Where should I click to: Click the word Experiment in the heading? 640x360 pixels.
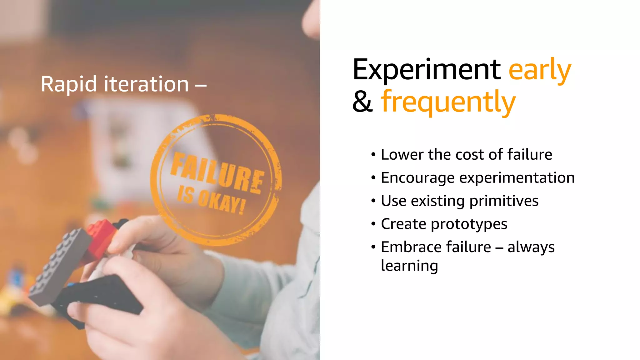[x=427, y=70]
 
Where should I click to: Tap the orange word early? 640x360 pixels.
[x=540, y=70]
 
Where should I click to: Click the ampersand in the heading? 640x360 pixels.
[x=362, y=102]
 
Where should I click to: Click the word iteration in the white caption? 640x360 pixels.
[x=146, y=84]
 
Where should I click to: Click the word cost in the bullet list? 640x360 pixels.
[x=469, y=155]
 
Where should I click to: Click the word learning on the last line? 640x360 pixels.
[x=409, y=266]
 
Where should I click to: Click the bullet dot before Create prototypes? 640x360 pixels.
[x=373, y=224]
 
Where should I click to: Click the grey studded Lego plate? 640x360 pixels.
[x=59, y=266]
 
